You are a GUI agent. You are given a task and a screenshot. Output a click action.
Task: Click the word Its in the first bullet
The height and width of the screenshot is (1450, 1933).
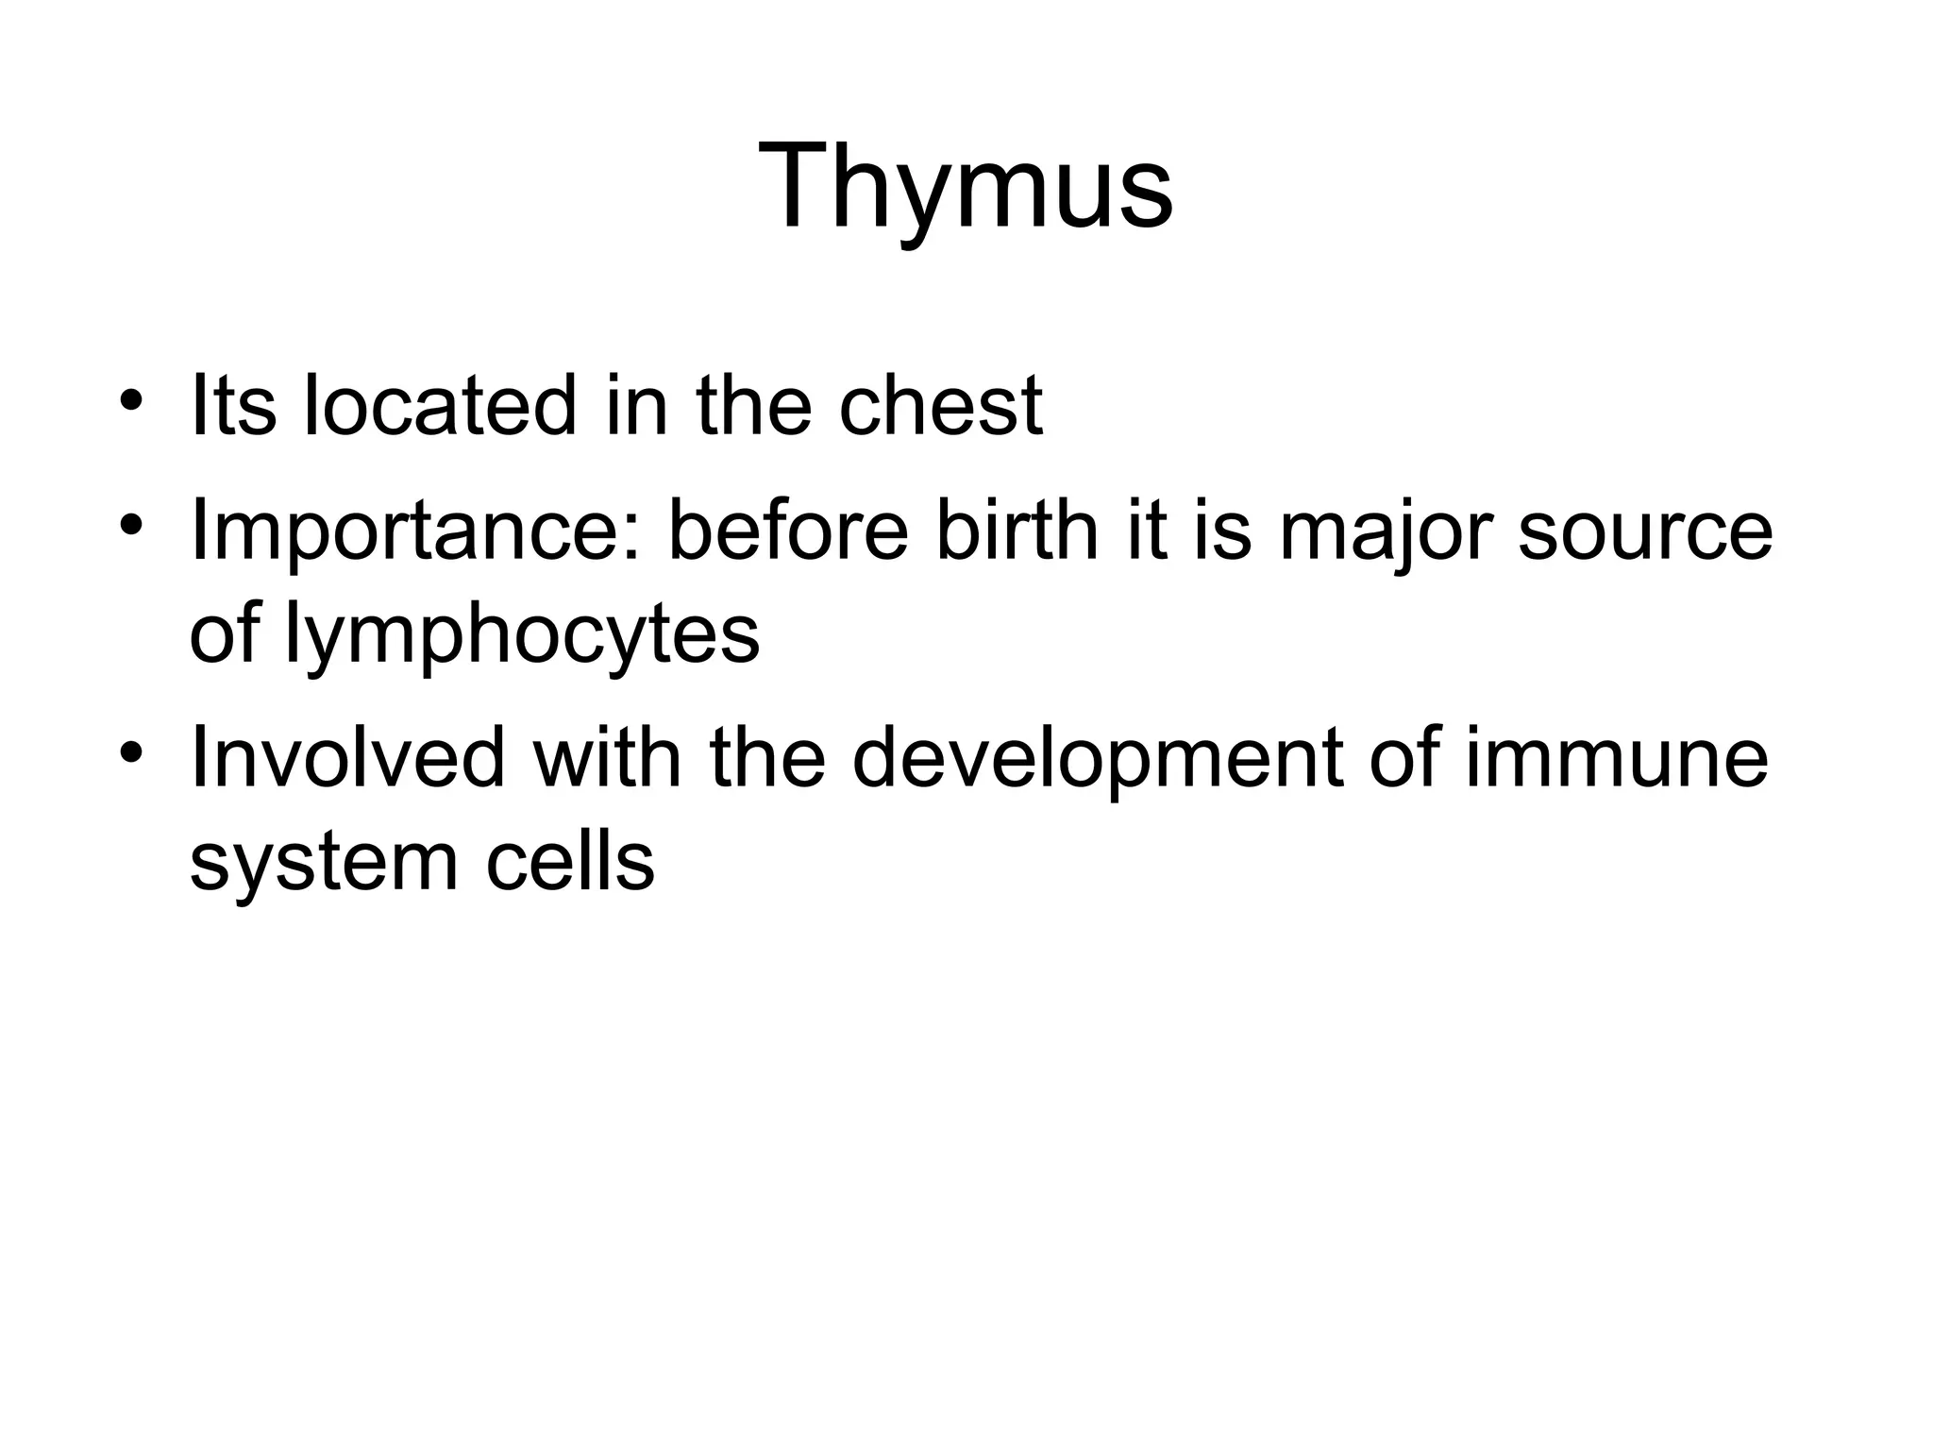coord(233,406)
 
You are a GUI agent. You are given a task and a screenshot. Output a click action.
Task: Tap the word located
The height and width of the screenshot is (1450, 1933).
coord(439,406)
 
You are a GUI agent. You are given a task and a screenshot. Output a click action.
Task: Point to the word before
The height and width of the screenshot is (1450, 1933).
coord(788,531)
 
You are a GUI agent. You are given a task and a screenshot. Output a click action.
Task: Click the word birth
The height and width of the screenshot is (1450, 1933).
coord(1016,531)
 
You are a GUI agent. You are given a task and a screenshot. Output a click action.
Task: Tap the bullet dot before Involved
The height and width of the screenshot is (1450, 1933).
coord(131,751)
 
